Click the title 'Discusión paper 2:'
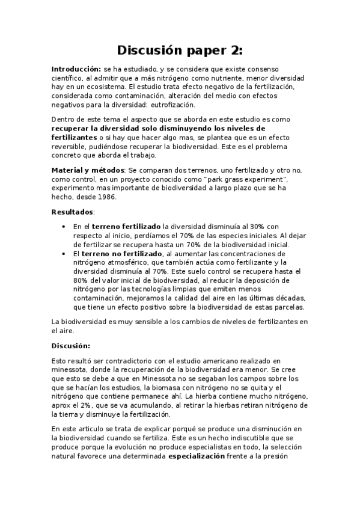180,49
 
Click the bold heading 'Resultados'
72,212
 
